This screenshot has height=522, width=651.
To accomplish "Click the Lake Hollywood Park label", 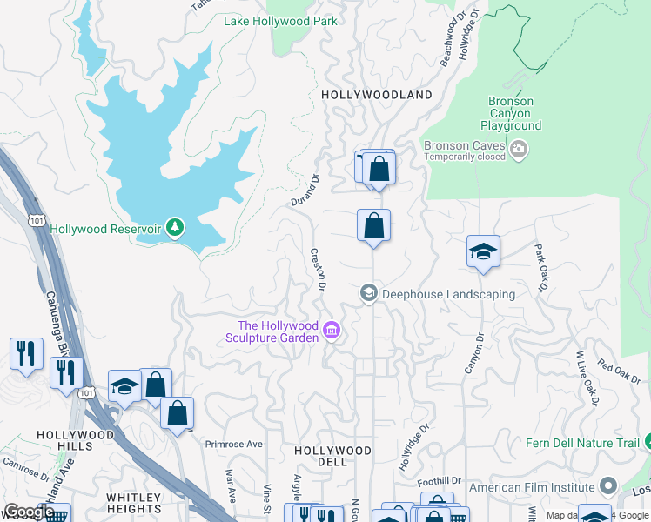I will click(280, 21).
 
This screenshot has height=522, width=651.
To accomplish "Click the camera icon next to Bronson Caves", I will click(519, 150).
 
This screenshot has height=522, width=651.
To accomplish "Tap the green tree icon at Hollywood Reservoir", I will click(176, 228).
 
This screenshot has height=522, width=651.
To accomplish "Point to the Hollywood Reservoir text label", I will click(105, 229).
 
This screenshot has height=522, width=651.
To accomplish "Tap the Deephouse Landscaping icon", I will click(369, 293).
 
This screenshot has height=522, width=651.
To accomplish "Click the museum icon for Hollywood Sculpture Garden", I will click(331, 331).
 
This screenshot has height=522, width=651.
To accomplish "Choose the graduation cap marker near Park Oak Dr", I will click(483, 251).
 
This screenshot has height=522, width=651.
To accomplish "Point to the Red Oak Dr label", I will click(618, 372).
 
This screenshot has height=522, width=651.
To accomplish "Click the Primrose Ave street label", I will click(233, 444).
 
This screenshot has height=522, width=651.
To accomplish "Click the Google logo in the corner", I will click(29, 512).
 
